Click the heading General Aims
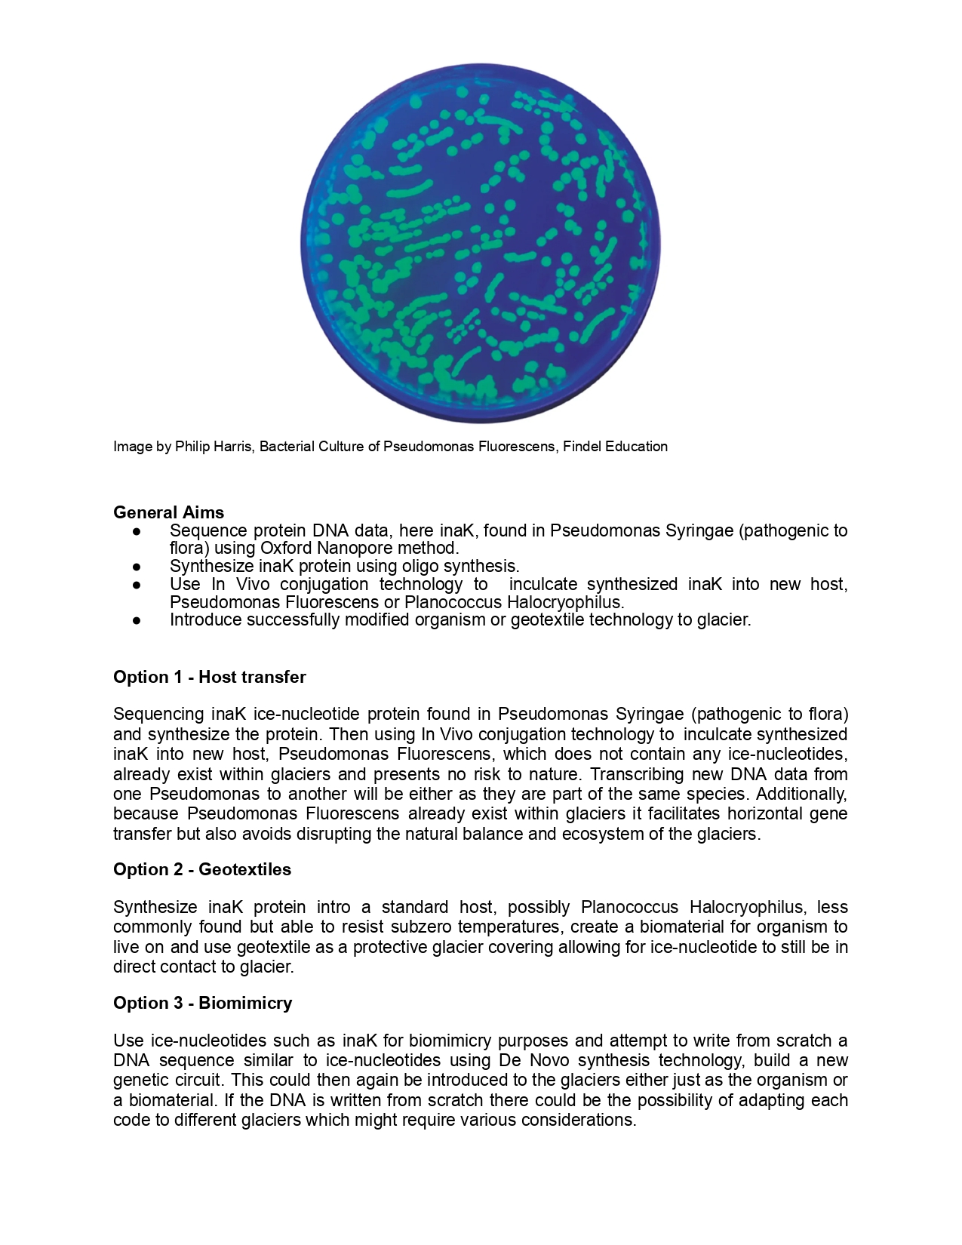168,512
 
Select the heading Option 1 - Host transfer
209,677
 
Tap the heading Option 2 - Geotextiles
201,869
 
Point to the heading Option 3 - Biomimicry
202,1003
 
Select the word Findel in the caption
582,447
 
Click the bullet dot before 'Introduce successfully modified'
137,620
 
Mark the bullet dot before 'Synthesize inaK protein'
137,566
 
